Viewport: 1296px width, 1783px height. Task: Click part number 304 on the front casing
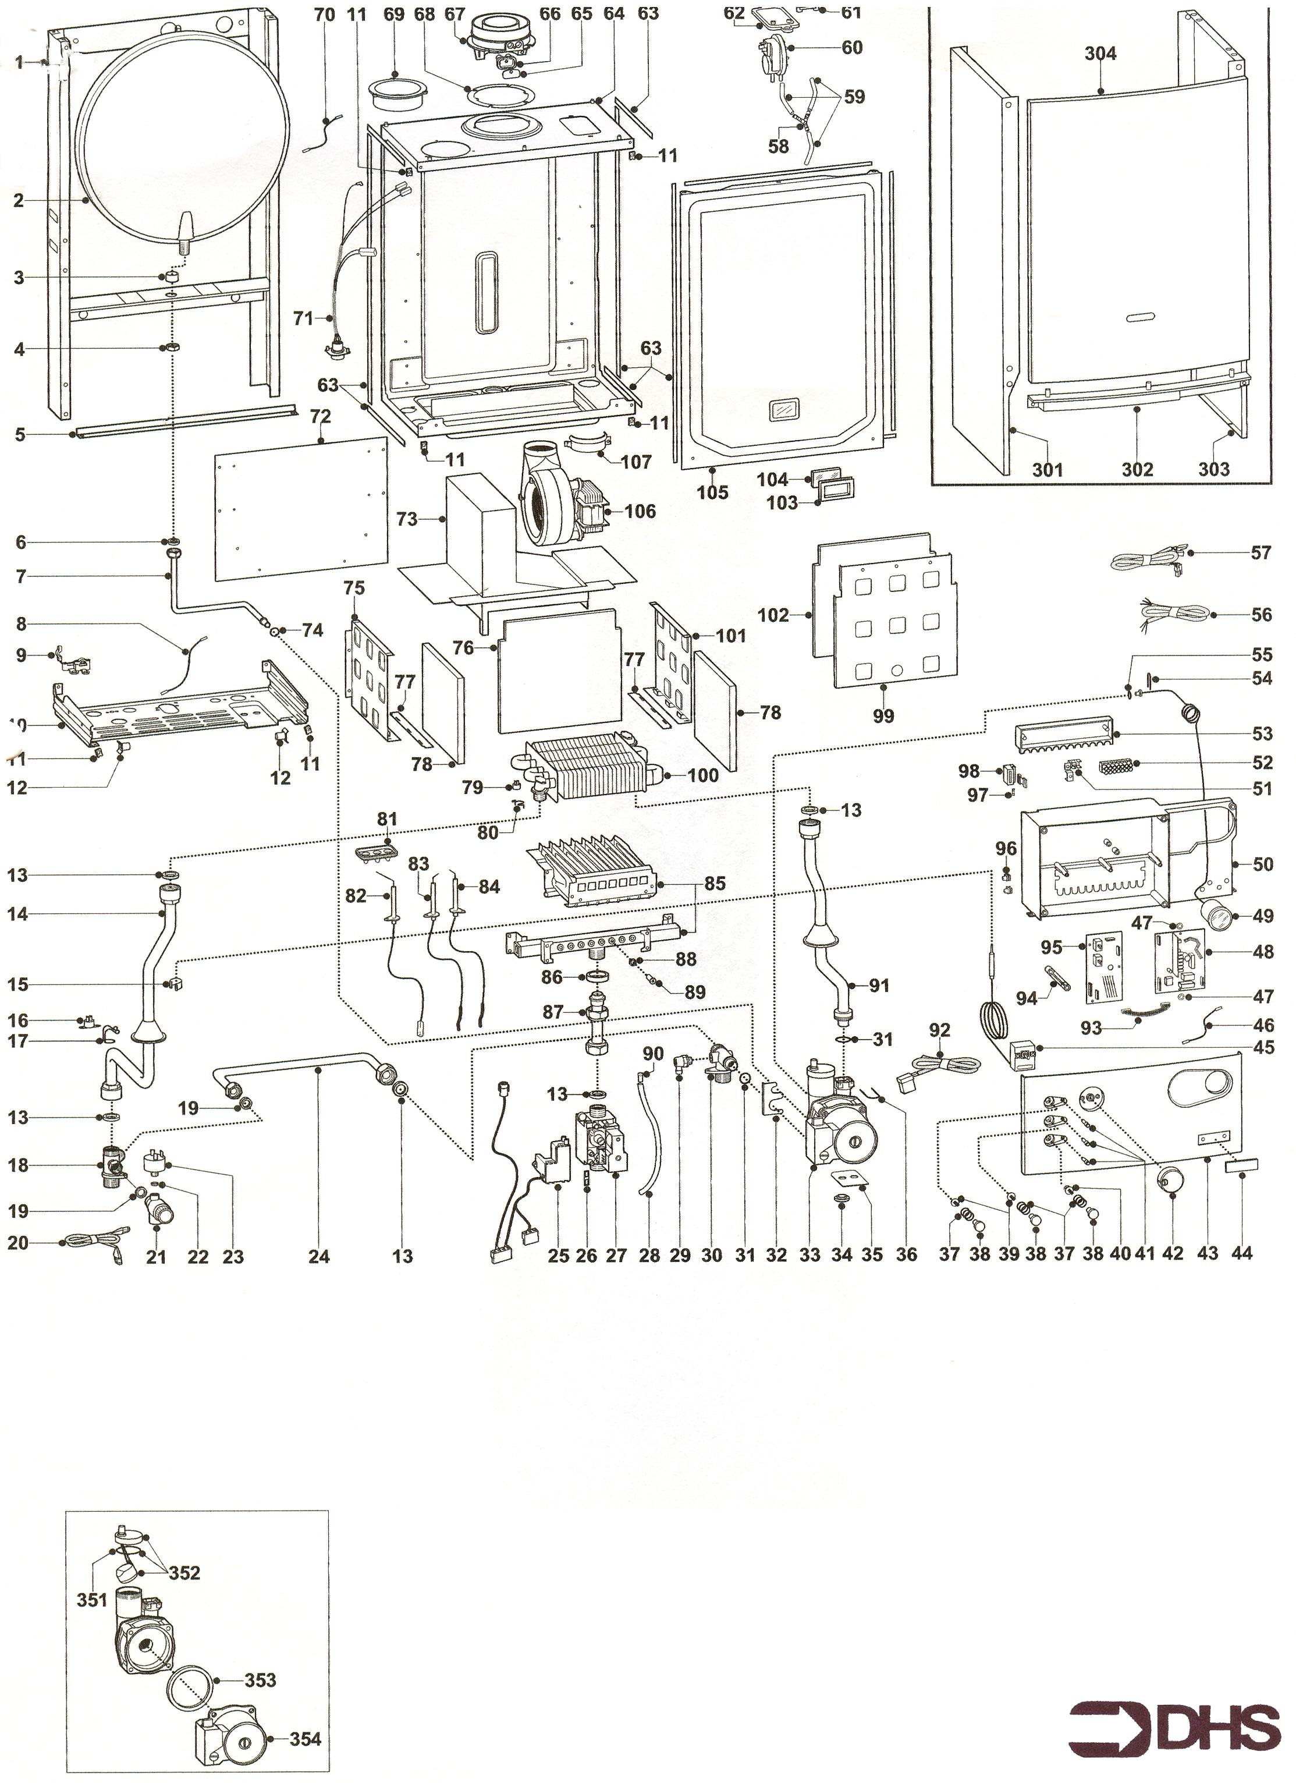(x=1100, y=54)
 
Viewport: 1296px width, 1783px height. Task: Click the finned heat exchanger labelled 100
(x=585, y=771)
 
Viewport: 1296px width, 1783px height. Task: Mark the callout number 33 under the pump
(x=810, y=1256)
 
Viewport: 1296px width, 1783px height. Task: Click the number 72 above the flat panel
(x=321, y=415)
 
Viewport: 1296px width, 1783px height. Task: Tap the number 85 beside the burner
(x=715, y=884)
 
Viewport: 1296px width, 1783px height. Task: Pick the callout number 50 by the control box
(x=1263, y=865)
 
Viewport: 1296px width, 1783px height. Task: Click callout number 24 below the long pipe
(x=318, y=1256)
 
